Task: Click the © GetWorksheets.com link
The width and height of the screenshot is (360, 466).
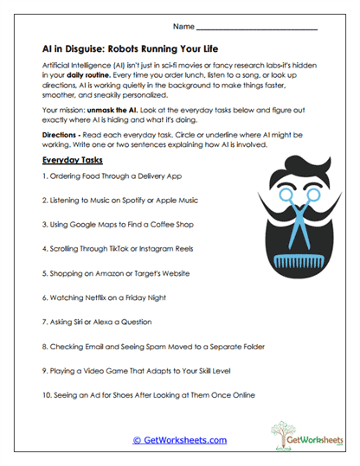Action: (179, 439)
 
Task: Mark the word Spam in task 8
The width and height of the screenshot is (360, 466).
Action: (164, 347)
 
